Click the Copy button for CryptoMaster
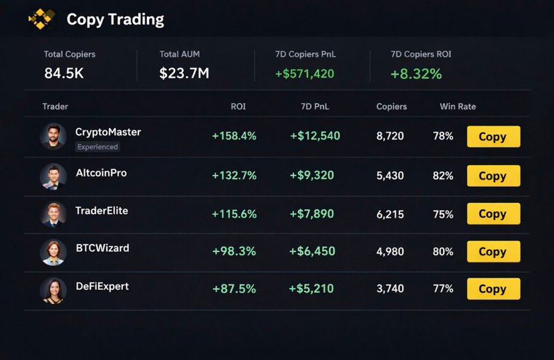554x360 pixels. pos(493,137)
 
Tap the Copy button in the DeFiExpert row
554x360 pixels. pos(493,289)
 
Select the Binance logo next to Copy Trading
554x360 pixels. pos(41,19)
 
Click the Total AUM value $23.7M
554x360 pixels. pos(184,73)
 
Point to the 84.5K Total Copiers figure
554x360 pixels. pos(64,73)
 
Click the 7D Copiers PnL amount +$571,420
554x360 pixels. pos(304,73)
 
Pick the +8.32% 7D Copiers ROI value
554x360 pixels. pos(416,73)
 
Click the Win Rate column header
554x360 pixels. pos(458,107)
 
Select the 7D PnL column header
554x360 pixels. pos(315,107)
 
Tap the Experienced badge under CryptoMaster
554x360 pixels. pos(98,147)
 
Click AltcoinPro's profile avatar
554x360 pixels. pos(53,176)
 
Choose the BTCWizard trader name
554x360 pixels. pos(102,248)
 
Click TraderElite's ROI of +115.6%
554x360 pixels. pos(234,214)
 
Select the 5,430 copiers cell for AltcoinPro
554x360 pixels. pos(390,176)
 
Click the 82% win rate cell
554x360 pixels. pos(443,176)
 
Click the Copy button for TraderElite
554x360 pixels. pos(493,214)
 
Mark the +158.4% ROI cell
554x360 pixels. pos(234,136)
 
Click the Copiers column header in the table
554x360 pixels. pos(392,107)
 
